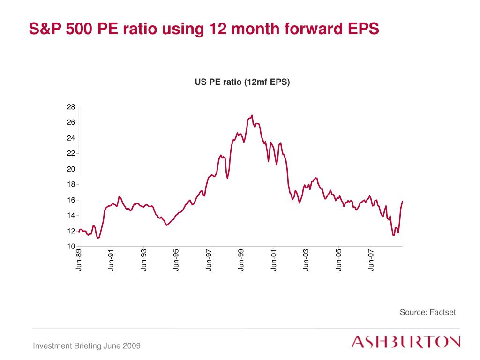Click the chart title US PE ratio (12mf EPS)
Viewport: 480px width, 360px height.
[242, 82]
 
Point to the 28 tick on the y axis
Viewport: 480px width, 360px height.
[71, 107]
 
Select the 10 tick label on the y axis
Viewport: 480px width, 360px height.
[71, 247]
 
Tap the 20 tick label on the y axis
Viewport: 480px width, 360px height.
[71, 169]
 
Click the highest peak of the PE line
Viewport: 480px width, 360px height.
[252, 115]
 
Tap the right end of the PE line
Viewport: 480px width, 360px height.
[403, 201]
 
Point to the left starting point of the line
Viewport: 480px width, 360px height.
[79, 231]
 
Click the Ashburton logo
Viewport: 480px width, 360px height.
[406, 342]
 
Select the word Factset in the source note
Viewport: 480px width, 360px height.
[443, 312]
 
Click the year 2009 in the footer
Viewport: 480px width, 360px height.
[133, 346]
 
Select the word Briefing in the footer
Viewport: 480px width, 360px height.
[88, 346]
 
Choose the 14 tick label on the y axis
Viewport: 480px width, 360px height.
[71, 216]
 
